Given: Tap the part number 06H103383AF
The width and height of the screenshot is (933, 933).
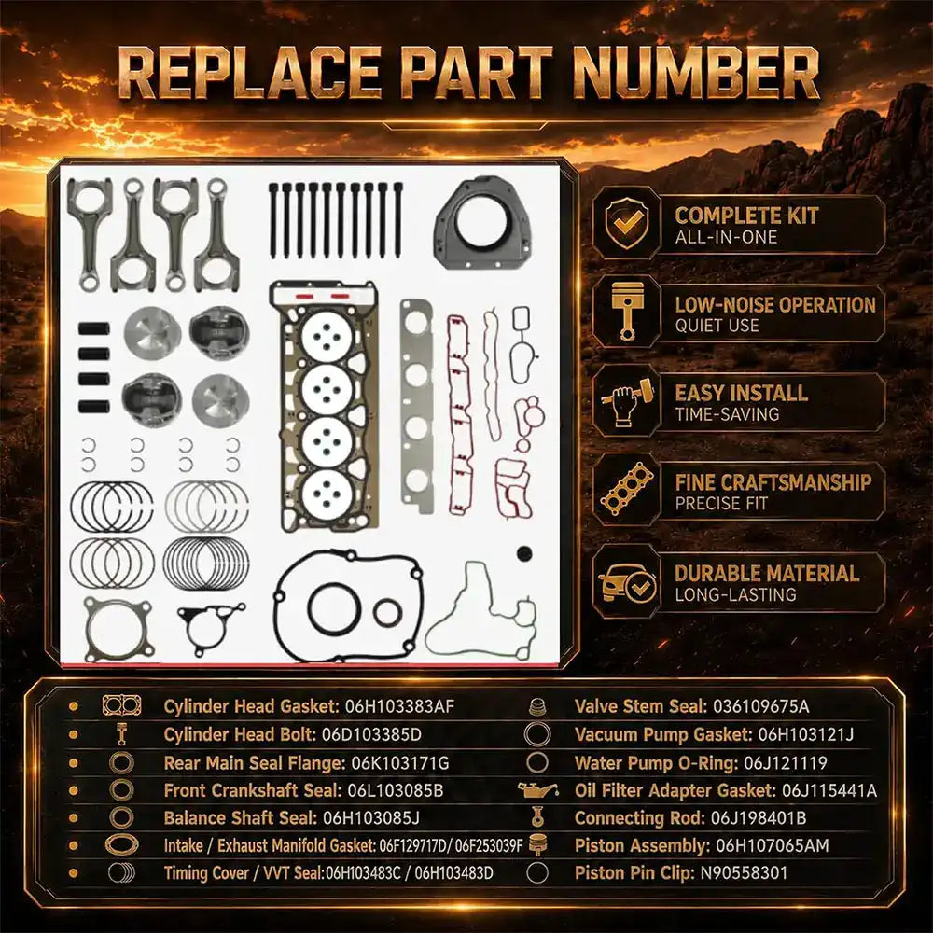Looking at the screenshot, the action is point(399,706).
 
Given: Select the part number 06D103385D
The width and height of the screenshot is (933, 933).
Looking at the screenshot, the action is point(371,734).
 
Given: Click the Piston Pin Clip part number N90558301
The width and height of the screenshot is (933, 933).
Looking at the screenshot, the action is point(744,873).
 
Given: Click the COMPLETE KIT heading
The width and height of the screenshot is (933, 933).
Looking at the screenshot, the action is point(746,216).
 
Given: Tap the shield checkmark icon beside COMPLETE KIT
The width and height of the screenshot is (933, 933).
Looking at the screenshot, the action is point(628,223).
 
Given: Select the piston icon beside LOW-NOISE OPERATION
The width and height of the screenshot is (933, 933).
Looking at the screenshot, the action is point(627,312).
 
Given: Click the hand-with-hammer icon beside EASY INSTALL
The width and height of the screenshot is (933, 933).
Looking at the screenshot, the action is point(627,400).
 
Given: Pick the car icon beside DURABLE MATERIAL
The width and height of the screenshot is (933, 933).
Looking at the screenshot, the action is point(627,582).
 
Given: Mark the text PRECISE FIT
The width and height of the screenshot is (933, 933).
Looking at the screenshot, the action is point(721,504).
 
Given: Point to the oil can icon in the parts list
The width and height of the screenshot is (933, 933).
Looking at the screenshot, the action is point(537,790).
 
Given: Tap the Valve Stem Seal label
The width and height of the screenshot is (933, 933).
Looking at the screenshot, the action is point(641,706).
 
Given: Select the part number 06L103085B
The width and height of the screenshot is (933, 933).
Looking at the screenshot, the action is point(395,790).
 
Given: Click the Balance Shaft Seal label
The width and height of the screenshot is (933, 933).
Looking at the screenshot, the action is point(241,818).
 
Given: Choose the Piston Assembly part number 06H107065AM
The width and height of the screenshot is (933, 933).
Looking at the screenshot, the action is point(773,845).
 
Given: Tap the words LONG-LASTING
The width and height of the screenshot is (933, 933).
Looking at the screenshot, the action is point(735,594).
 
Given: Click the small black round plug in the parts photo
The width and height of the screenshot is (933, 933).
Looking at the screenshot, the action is point(524,553).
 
